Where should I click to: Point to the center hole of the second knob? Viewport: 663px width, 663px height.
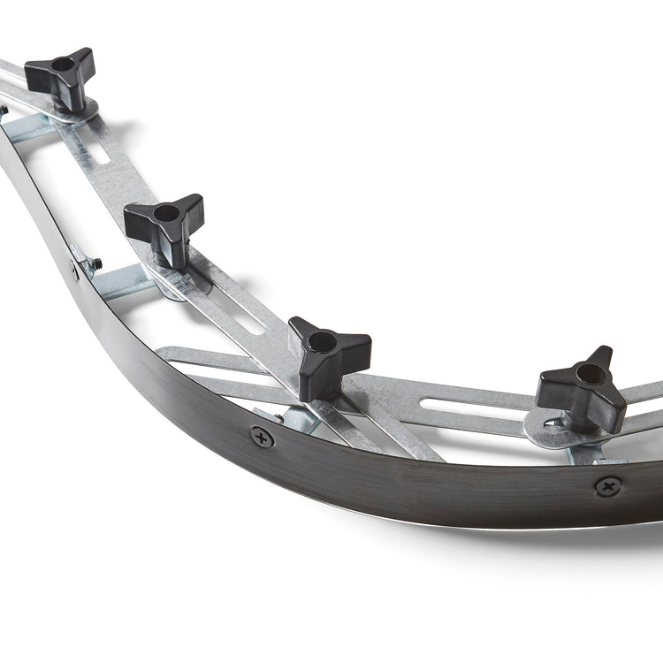click(x=166, y=212)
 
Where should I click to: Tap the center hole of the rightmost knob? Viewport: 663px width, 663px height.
click(x=591, y=375)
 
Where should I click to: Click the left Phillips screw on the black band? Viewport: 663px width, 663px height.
click(x=262, y=437)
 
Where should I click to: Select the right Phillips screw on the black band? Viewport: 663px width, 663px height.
click(x=607, y=485)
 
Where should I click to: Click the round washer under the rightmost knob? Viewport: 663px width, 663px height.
click(x=548, y=430)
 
